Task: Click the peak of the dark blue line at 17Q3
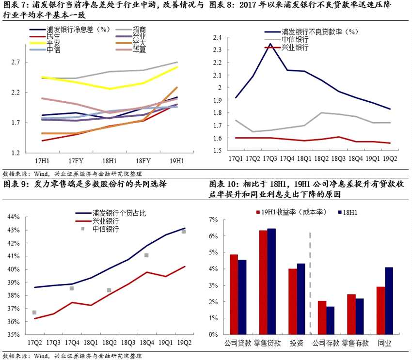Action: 270,44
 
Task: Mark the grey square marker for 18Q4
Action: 146,255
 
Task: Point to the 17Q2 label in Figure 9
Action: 34,343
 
